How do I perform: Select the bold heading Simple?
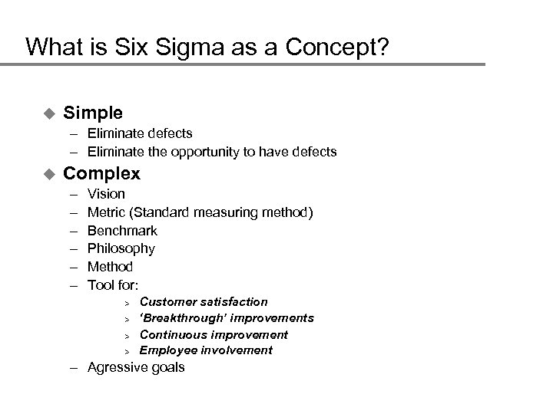click(93, 113)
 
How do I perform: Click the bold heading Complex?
click(101, 173)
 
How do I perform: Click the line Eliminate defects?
click(140, 133)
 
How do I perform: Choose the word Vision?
click(106, 194)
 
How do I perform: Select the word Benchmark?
click(122, 231)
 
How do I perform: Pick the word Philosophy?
click(121, 248)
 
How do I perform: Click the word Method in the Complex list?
click(110, 267)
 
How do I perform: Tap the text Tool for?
click(113, 285)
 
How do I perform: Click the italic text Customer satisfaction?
click(204, 302)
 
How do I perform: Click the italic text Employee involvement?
click(206, 350)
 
